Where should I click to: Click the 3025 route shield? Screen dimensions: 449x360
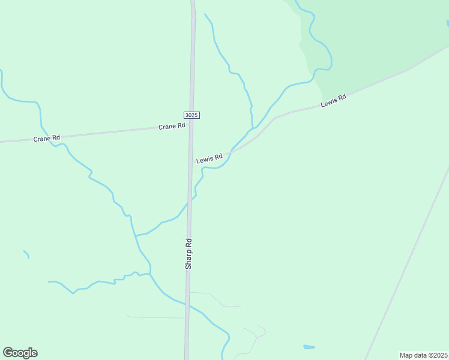[x=191, y=115]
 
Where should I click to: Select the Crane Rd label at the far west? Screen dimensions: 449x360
[x=47, y=138]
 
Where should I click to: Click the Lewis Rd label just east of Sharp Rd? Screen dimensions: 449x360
[x=209, y=158]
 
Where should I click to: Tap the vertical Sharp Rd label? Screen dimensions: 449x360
[x=188, y=253]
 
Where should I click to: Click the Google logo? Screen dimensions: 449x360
[x=20, y=353]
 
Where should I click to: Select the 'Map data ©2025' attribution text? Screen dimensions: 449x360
[x=423, y=355]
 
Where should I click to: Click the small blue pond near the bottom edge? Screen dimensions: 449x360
[x=309, y=347]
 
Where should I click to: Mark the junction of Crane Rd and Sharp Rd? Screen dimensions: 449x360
[x=191, y=124]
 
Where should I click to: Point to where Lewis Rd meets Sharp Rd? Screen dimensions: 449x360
[x=190, y=162]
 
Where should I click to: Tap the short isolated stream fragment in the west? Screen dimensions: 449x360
[x=26, y=254]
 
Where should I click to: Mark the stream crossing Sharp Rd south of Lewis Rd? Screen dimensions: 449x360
[x=189, y=202]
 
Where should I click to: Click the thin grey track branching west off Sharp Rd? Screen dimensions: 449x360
[x=156, y=317]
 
